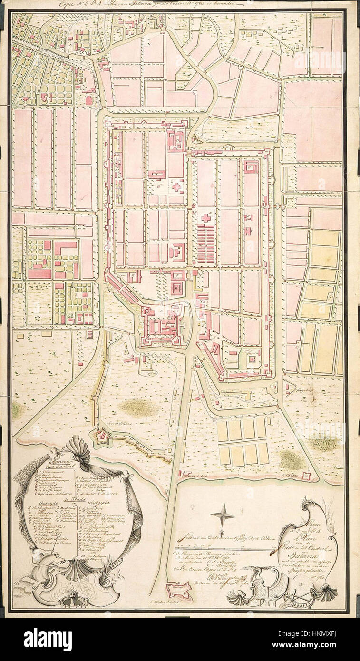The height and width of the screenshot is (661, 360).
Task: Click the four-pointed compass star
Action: point(223,515)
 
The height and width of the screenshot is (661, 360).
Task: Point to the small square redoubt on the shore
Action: point(307,475)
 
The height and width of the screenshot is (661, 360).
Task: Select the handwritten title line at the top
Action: point(147,4)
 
